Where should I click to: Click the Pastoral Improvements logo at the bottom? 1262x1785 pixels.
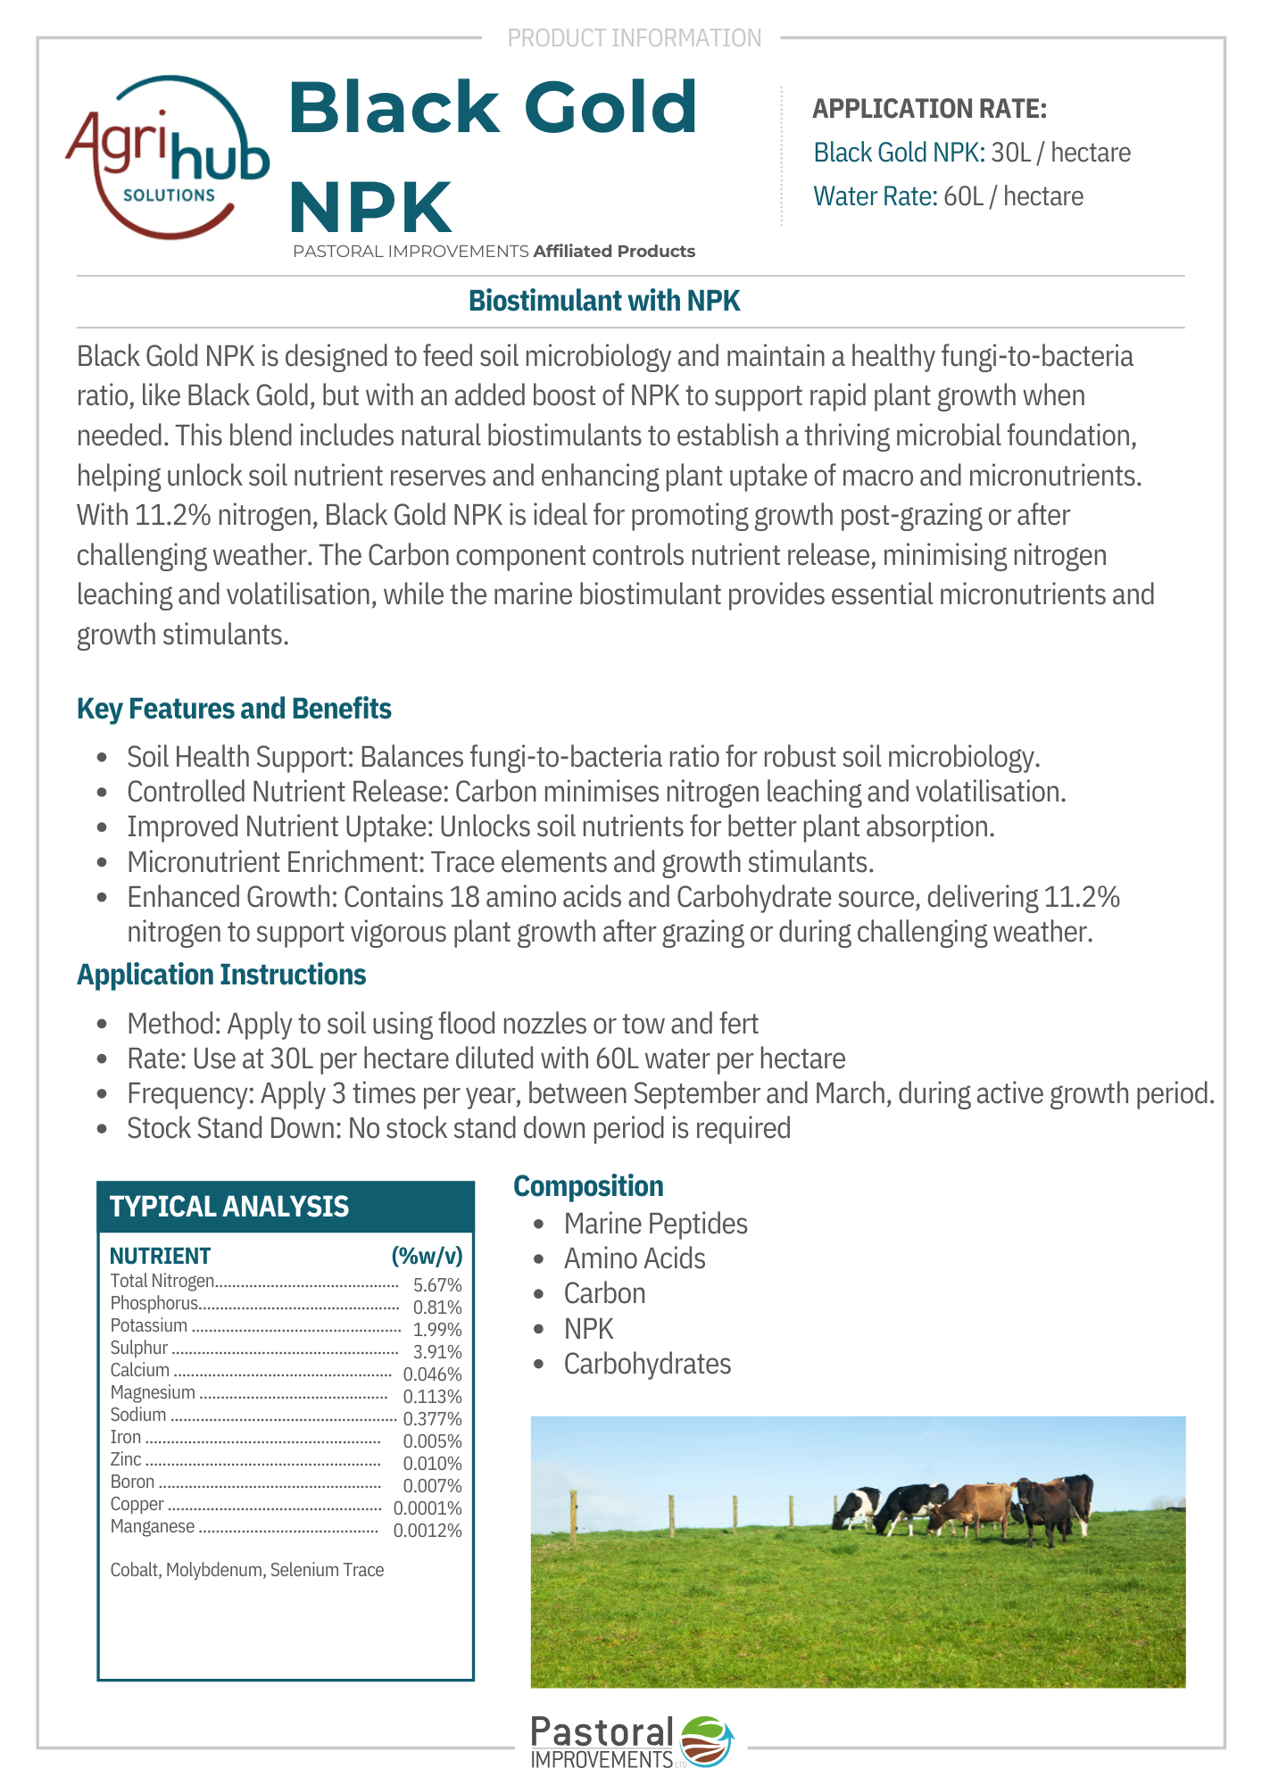click(631, 1741)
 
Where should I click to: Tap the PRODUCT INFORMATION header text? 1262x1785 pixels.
click(634, 38)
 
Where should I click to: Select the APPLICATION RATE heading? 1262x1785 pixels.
click(929, 109)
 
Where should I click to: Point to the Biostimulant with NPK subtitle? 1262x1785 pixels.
click(604, 301)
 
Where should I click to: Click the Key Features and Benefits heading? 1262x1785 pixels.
click(234, 709)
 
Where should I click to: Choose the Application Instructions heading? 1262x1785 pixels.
click(221, 975)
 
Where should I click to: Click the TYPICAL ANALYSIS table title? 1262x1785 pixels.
click(229, 1207)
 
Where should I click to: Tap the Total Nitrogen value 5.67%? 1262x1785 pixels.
click(437, 1285)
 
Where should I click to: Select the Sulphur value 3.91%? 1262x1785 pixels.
click(437, 1352)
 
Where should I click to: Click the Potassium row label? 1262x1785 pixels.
click(149, 1325)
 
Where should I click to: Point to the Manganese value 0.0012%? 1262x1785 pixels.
click(428, 1531)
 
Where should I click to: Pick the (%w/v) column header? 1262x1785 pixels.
click(427, 1256)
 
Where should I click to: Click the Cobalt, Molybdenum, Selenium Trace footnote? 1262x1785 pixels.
click(247, 1570)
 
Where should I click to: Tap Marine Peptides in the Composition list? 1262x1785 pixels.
click(655, 1224)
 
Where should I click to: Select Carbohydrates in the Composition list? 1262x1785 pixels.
click(647, 1364)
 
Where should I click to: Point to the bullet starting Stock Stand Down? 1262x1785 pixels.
click(459, 1128)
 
